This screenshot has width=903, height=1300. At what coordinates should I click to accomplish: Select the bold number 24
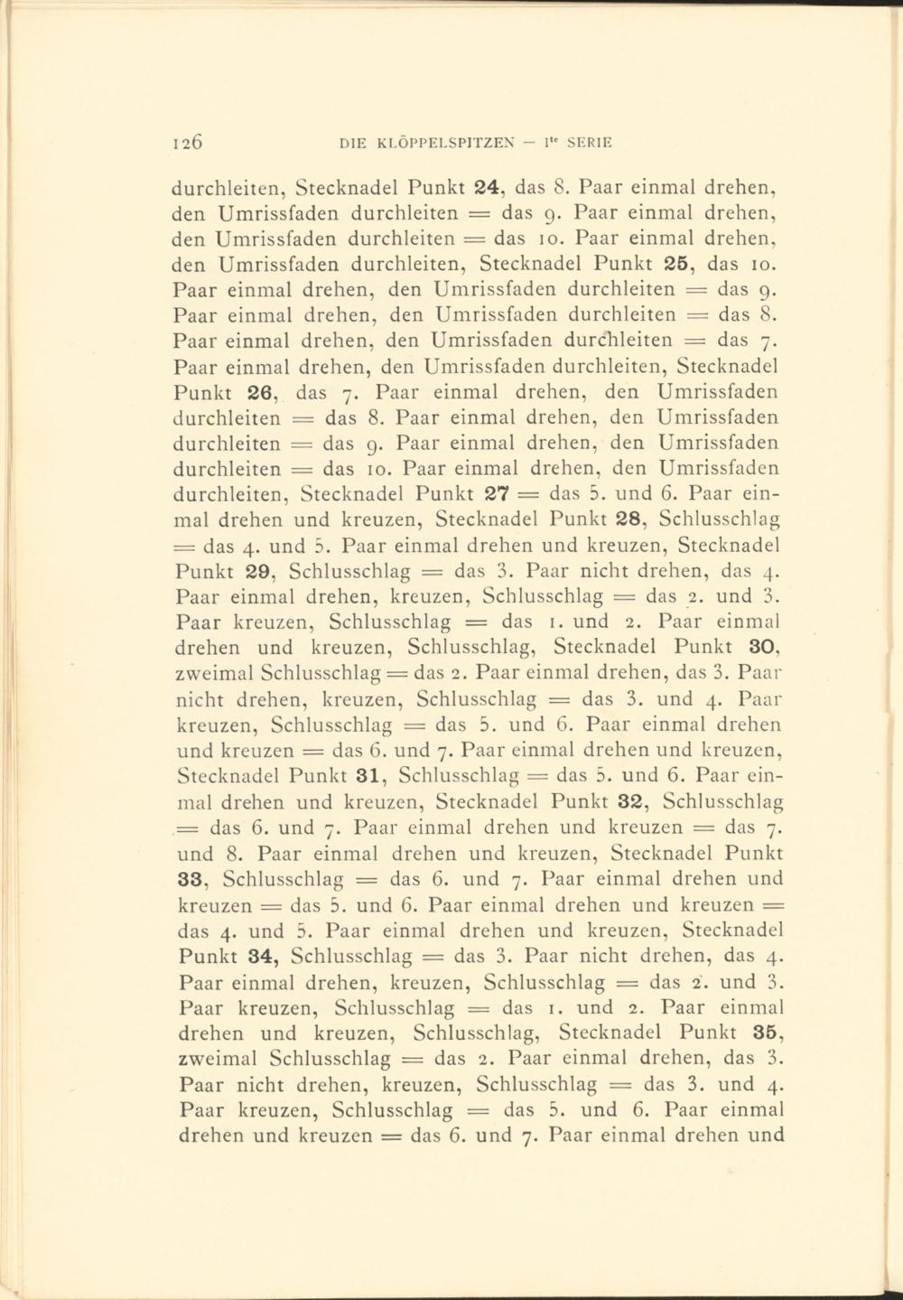pyautogui.click(x=489, y=191)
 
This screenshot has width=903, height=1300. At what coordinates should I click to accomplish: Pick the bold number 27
pyautogui.click(x=500, y=494)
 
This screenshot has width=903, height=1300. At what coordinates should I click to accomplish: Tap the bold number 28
pyautogui.click(x=628, y=519)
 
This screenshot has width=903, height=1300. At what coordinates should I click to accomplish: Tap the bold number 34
pyautogui.click(x=263, y=955)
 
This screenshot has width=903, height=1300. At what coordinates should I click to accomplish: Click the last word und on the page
pyautogui.click(x=765, y=1135)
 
